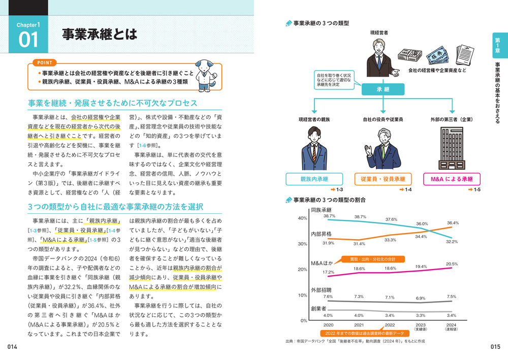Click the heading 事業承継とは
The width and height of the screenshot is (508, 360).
tap(99, 35)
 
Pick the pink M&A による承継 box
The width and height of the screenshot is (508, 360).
tap(452, 179)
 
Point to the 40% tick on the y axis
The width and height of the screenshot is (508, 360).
tap(302, 218)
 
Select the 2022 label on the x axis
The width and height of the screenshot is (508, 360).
tap(390, 325)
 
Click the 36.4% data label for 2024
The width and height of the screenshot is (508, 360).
tap(453, 223)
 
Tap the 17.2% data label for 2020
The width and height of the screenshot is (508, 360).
tap(329, 272)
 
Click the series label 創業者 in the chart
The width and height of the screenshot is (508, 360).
tap(319, 308)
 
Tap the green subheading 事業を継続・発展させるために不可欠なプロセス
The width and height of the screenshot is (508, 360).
tap(112, 103)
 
